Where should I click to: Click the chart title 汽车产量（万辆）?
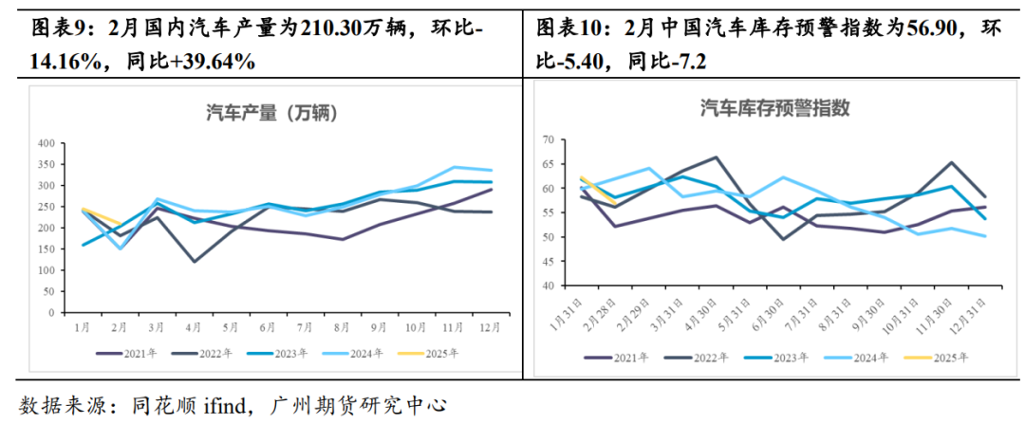(272, 114)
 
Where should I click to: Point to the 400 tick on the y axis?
(44, 143)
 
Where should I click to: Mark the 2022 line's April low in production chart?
(194, 262)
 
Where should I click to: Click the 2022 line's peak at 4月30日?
(715, 157)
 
